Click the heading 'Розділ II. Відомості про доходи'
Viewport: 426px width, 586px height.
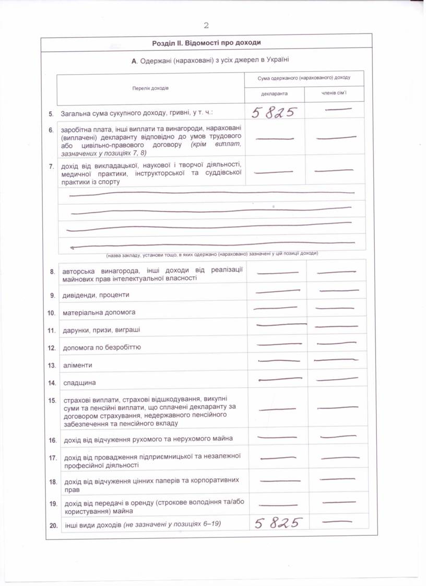click(x=206, y=43)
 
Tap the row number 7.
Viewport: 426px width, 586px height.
click(x=51, y=167)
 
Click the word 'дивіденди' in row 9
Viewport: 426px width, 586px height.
click(x=77, y=295)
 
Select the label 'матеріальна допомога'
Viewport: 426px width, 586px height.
click(x=99, y=312)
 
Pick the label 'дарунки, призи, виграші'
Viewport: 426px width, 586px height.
click(x=101, y=330)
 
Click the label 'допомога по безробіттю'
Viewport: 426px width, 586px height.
click(x=101, y=347)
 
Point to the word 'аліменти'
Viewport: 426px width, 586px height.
click(x=77, y=365)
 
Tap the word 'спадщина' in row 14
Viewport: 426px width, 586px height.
click(x=79, y=383)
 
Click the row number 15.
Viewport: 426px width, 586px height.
click(x=52, y=401)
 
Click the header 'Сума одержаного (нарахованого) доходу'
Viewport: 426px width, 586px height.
click(x=304, y=78)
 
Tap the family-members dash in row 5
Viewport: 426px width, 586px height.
click(x=337, y=109)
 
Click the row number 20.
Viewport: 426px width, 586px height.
click(x=53, y=525)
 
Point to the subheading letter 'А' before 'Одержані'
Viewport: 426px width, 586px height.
click(x=134, y=61)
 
